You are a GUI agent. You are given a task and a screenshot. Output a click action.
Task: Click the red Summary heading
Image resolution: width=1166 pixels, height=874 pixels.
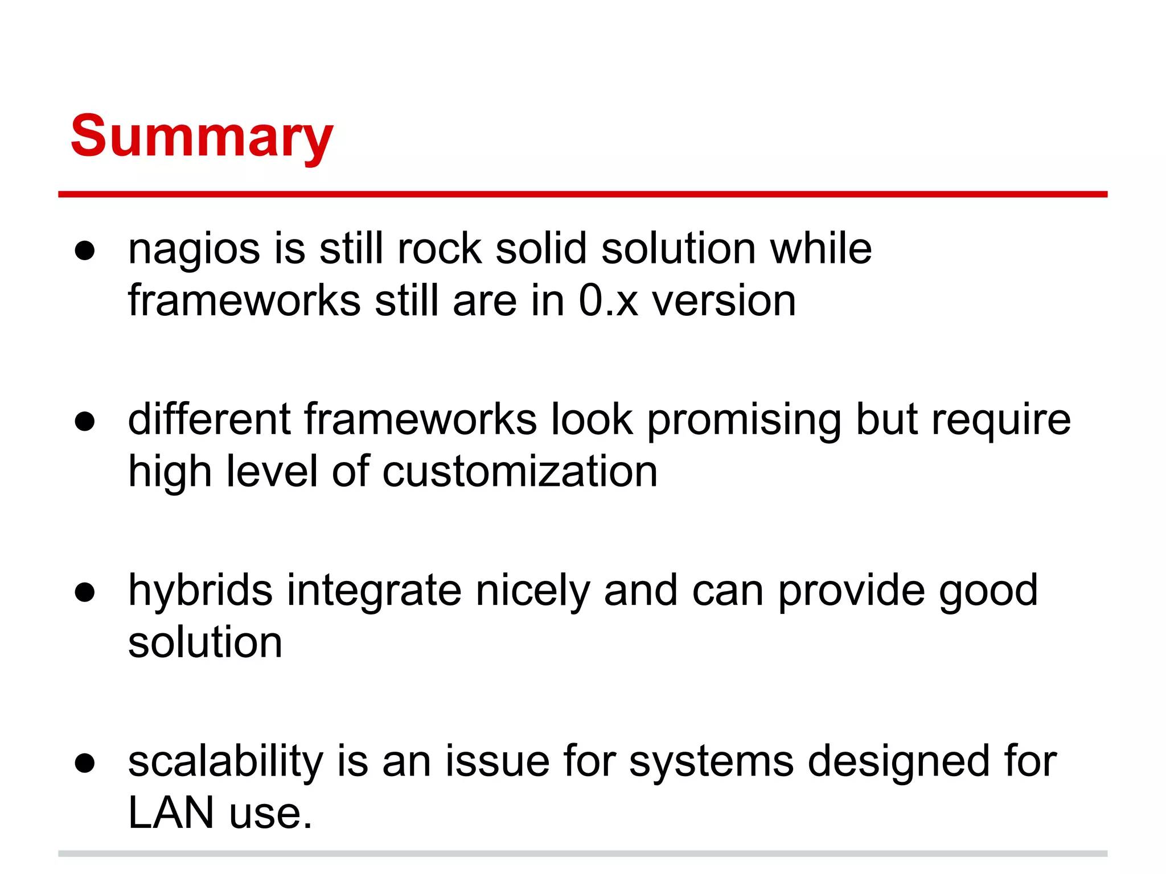(202, 137)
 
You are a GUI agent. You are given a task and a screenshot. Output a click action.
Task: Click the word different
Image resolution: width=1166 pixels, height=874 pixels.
(209, 420)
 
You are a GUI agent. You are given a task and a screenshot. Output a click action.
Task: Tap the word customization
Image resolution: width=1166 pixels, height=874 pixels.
(520, 472)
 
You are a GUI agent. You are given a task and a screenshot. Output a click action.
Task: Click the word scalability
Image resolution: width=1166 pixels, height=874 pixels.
(226, 761)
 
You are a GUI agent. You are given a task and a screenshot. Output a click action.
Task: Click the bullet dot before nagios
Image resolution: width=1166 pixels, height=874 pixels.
(84, 251)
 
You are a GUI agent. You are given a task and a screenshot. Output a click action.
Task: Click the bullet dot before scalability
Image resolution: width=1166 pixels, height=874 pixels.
(84, 763)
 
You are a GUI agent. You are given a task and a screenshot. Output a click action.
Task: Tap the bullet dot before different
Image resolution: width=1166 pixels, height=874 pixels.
(84, 422)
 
